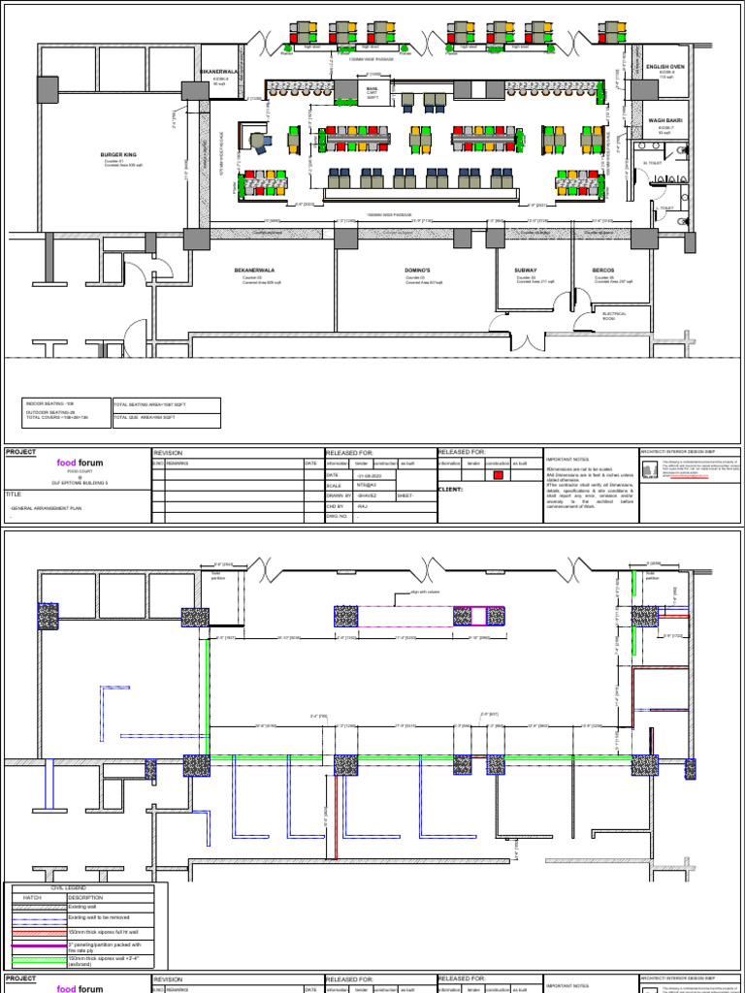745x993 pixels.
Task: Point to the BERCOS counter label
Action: (x=604, y=270)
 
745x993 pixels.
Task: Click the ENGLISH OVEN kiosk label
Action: (x=665, y=66)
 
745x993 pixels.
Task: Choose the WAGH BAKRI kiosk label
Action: (x=665, y=120)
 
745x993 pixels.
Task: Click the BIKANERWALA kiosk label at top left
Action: (x=218, y=71)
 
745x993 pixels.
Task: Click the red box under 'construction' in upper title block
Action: (x=499, y=475)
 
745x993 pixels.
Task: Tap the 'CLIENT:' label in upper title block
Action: (x=453, y=490)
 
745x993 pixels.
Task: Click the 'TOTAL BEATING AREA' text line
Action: (x=151, y=402)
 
